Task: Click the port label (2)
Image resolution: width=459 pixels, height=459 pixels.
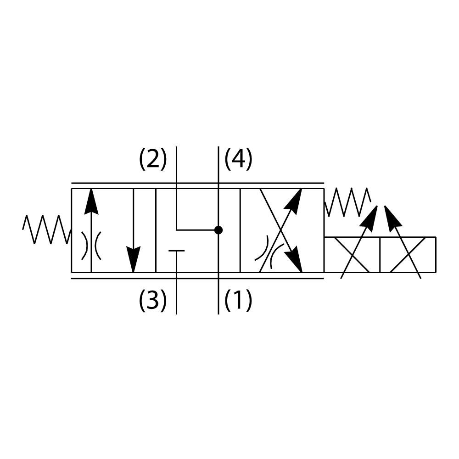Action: click(x=153, y=159)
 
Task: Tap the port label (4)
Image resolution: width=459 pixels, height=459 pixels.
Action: click(x=238, y=159)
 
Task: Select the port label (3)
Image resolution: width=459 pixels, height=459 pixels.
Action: click(x=153, y=301)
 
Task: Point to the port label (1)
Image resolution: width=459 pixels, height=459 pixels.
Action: click(x=238, y=301)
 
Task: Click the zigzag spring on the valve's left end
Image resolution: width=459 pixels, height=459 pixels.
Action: click(x=46, y=229)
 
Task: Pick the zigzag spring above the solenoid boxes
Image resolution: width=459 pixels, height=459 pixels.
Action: click(x=347, y=202)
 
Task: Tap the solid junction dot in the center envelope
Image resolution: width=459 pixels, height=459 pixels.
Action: click(x=218, y=229)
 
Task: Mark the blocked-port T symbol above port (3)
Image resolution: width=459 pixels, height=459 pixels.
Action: click(x=177, y=251)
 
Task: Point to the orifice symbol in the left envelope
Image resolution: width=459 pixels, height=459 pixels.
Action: click(x=91, y=246)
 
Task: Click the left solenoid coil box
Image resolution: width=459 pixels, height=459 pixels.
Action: click(x=352, y=255)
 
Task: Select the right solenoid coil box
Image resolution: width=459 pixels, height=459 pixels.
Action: click(x=408, y=255)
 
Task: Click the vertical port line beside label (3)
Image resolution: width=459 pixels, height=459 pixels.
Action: click(x=177, y=294)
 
